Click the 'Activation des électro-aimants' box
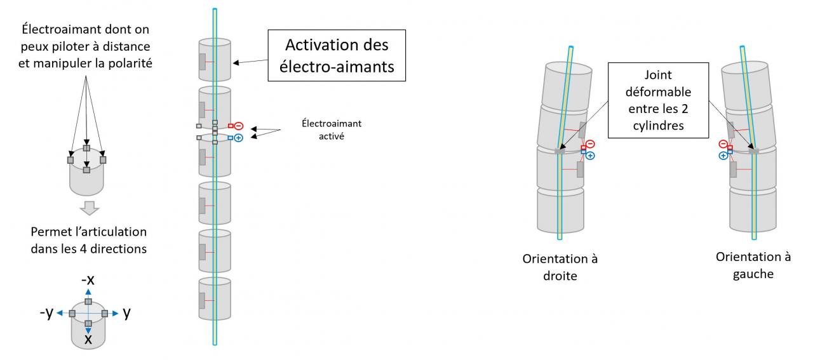tap(337, 55)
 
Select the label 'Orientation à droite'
tap(560, 269)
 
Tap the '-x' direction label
tap(88, 281)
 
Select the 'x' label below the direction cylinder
tap(88, 339)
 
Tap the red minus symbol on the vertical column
tap(239, 126)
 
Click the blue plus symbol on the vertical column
tap(239, 137)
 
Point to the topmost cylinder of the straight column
tap(215, 61)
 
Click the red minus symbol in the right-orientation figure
tap(590, 144)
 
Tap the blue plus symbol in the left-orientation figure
tap(723, 156)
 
